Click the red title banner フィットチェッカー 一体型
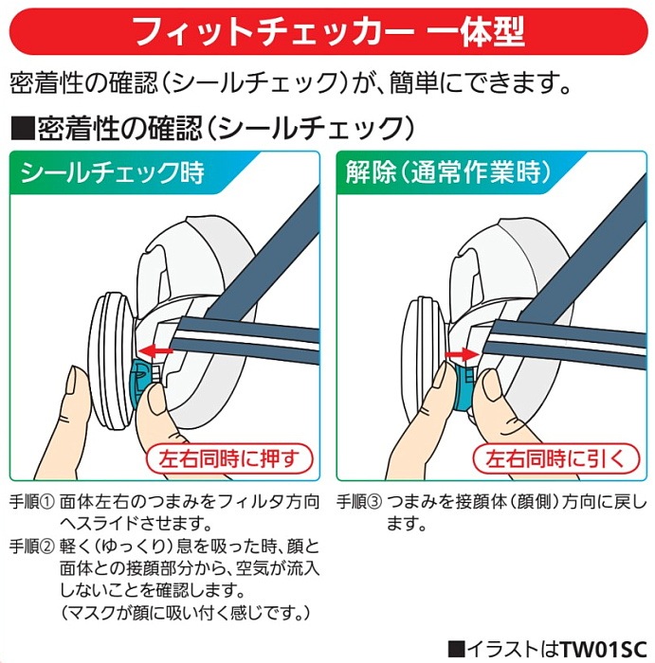pos(327,30)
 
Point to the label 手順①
pos(31,500)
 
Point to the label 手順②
pos(31,547)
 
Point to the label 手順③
pos(360,500)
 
